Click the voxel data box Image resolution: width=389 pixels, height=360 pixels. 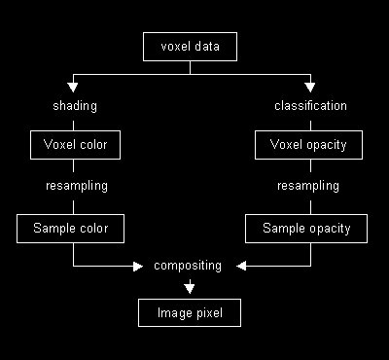point(189,46)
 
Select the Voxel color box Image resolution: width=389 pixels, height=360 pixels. point(74,146)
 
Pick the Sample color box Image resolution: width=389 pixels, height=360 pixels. point(74,230)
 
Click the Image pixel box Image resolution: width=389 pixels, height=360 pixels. point(189,313)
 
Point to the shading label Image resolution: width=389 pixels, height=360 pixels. point(74,105)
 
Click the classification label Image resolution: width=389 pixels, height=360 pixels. point(309,105)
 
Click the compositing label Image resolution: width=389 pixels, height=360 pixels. point(189,265)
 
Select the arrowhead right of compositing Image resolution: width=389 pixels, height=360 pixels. point(242,265)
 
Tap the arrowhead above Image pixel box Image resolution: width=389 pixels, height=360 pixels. point(189,287)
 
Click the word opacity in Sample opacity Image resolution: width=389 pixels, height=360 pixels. point(328,230)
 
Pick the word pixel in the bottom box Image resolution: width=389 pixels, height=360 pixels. point(208,313)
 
